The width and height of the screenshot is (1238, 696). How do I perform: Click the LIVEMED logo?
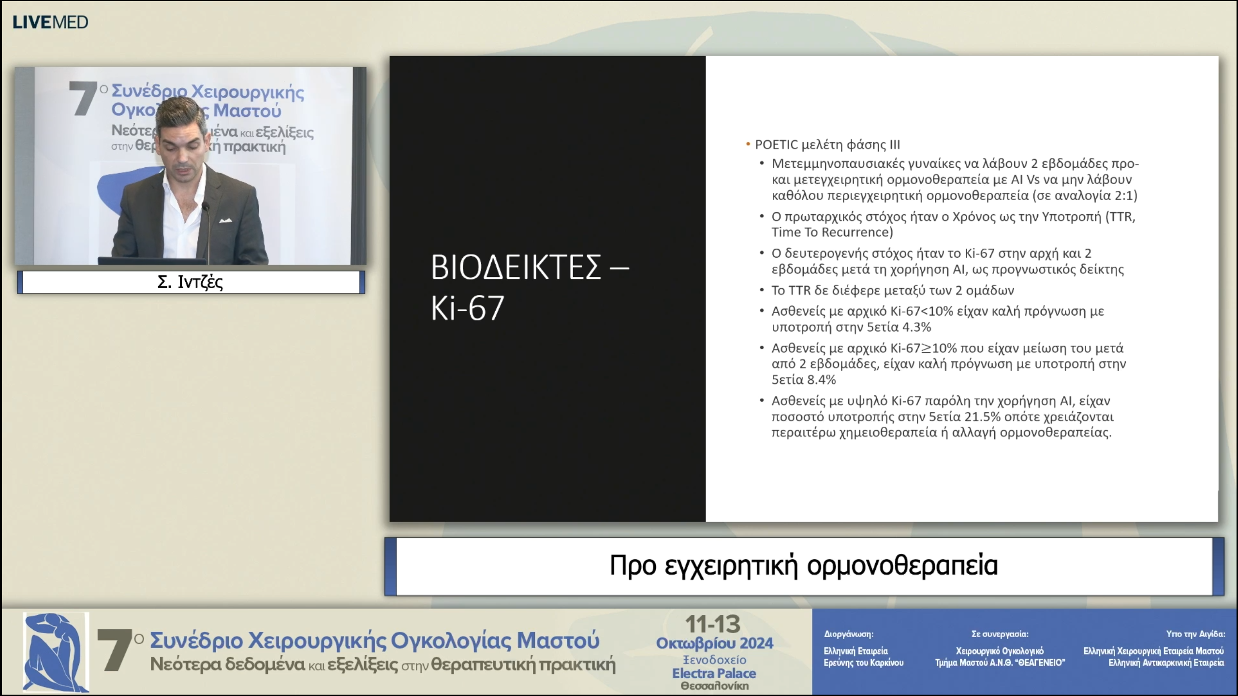pyautogui.click(x=50, y=22)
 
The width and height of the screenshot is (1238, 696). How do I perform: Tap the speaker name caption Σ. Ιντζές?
pyautogui.click(x=190, y=282)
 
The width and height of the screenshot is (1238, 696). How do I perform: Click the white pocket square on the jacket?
pyautogui.click(x=226, y=221)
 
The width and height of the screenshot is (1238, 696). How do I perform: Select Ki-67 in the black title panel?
pyautogui.click(x=467, y=307)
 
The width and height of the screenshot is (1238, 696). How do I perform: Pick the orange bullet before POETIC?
pyautogui.click(x=748, y=144)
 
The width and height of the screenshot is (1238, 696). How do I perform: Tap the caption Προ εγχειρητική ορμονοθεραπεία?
pyautogui.click(x=804, y=565)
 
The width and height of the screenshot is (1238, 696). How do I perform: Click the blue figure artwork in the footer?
pyautogui.click(x=56, y=652)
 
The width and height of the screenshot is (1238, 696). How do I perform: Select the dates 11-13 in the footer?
pyautogui.click(x=713, y=624)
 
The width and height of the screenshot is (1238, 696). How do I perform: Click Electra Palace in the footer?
pyautogui.click(x=714, y=673)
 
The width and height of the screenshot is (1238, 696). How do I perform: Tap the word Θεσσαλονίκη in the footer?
pyautogui.click(x=715, y=686)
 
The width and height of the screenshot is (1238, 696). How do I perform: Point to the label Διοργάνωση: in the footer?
pyautogui.click(x=849, y=634)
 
